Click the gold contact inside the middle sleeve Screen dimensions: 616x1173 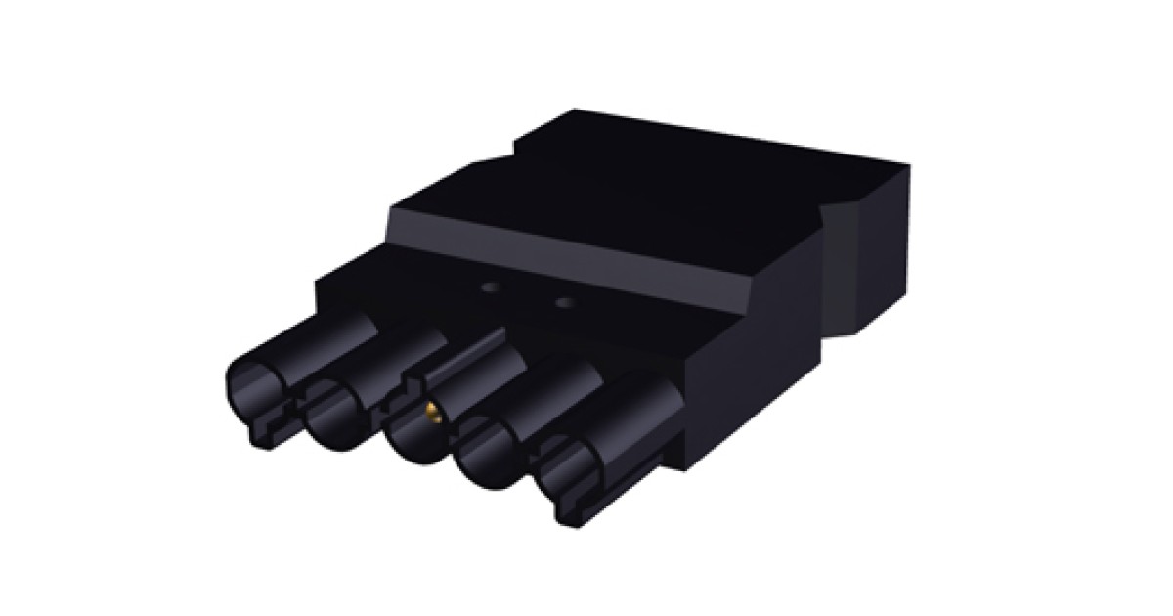click(431, 412)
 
